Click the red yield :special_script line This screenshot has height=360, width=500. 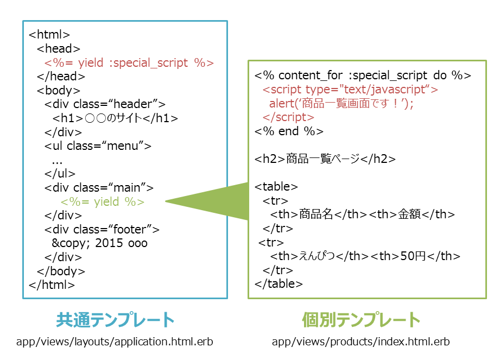pos(129,63)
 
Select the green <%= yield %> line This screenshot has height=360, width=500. pos(103,202)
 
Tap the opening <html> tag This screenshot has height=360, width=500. pos(49,34)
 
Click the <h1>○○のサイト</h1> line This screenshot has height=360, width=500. pos(115,118)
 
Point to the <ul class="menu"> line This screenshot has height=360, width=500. pos(98,146)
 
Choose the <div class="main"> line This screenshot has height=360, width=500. pos(99,188)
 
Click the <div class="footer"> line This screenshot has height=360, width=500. pos(102,230)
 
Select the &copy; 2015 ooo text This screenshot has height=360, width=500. pos(99,243)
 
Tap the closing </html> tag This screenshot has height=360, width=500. pos(52,285)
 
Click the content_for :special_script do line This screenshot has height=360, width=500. pos(363,75)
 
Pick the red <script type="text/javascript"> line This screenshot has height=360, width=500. pos(350,90)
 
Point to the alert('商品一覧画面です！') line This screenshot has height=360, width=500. pos(341,104)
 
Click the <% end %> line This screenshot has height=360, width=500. pos(289,131)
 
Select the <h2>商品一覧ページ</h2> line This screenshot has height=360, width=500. pos(325,159)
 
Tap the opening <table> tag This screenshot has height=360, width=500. pos(276,187)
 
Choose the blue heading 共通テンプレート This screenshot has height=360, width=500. pos(115,320)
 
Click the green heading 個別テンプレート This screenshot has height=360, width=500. pos(361,320)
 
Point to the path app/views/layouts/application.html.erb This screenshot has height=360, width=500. pos(115,342)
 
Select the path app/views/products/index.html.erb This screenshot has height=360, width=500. pos(360,342)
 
